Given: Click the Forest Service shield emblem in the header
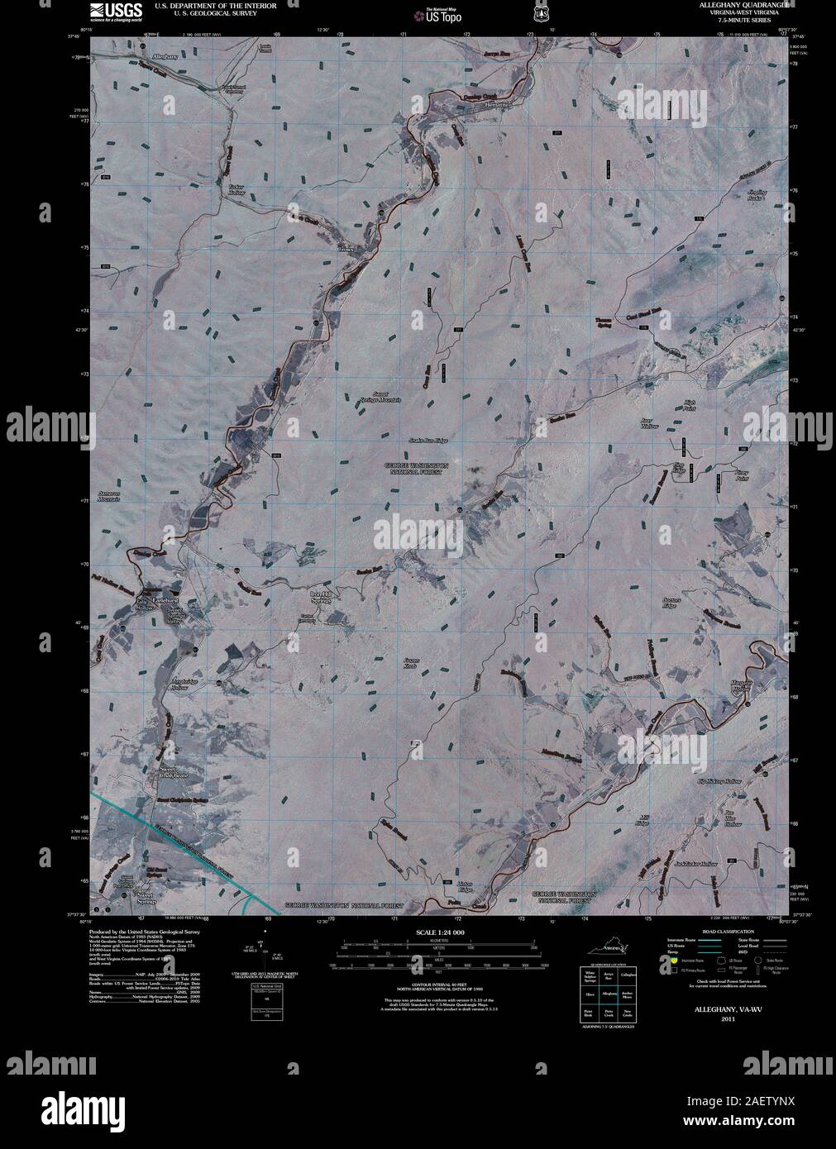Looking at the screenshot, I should click(542, 13).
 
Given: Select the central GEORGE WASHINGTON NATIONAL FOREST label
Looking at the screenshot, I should click(418, 469).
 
